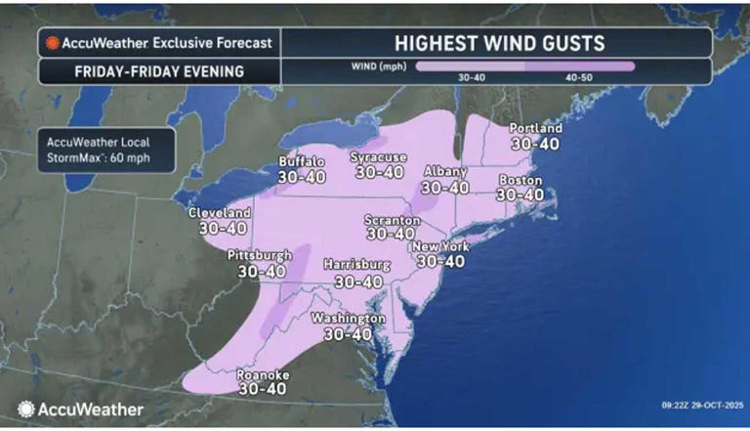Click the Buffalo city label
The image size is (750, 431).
[x=302, y=161]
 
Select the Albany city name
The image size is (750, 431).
[x=445, y=172]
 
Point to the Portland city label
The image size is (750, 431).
[x=536, y=128]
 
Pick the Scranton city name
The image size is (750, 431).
[x=392, y=220]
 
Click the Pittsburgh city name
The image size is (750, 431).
[x=259, y=255]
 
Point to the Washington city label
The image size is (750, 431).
[x=348, y=319]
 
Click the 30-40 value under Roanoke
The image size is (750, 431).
[x=264, y=388]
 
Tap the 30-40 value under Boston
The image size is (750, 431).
[x=520, y=195]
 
